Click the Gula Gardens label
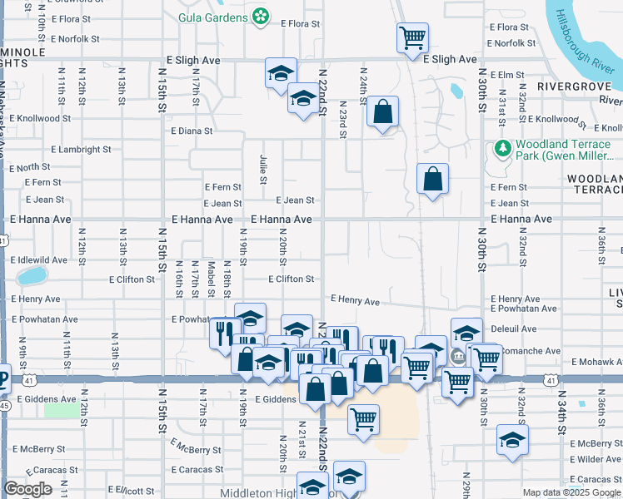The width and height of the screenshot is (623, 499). [213, 16]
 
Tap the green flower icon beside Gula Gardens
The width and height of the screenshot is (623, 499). [261, 16]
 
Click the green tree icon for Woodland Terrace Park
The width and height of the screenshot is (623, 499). [502, 149]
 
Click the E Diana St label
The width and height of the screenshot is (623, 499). [192, 131]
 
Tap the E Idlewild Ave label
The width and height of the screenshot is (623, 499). [40, 260]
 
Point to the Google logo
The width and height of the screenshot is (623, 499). [28, 490]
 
